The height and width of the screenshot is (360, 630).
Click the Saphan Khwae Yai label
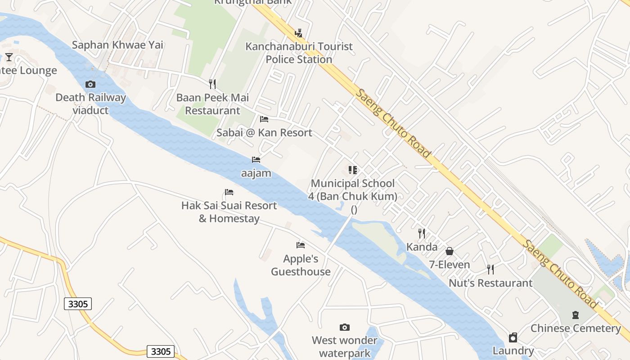point(117,45)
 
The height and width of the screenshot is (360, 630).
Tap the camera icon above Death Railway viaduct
point(90,84)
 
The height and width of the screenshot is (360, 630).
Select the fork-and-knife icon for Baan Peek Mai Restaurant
point(212,84)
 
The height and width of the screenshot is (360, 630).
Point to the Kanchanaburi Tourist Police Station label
point(299,53)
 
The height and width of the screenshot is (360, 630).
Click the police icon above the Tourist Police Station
point(298,33)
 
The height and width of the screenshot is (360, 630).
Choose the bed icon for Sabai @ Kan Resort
point(264,119)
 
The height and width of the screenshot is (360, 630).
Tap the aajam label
point(256,173)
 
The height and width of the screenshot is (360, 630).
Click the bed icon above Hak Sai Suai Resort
point(229,192)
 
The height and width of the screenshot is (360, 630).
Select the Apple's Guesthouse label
point(301,265)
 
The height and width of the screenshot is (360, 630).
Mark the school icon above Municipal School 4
point(353,170)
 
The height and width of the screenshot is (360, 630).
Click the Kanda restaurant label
point(422,247)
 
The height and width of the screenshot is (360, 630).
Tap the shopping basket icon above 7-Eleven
point(449,251)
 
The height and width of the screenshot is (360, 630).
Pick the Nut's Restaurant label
point(490,283)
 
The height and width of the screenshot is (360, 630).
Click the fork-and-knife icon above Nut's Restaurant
point(490,270)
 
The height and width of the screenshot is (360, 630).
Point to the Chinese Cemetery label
point(576,328)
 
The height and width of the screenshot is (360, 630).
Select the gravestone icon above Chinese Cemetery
point(575,315)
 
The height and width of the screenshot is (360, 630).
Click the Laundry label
point(513,351)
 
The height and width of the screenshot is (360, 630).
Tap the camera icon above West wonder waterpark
point(345,327)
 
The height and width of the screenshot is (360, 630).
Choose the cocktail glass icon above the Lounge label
point(9,57)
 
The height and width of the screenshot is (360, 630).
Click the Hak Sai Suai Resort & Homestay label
point(229,212)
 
